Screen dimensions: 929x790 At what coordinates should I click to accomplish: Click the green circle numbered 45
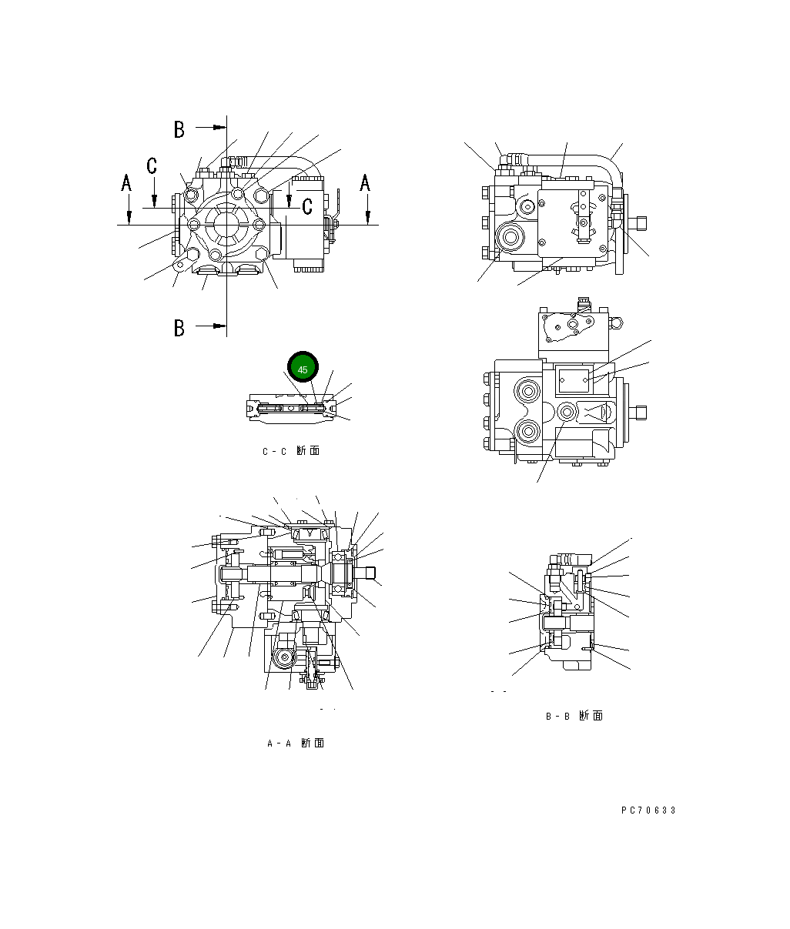pos(303,369)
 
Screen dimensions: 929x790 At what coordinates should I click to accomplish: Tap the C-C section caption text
pos(290,451)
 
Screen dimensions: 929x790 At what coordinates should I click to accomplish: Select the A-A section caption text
pos(295,744)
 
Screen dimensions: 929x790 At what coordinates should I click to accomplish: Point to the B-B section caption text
pos(574,716)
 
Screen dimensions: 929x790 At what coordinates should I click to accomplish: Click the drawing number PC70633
pos(648,810)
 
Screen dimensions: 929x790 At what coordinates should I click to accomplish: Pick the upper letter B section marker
pos(179,129)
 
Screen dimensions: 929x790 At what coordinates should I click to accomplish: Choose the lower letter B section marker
pos(179,328)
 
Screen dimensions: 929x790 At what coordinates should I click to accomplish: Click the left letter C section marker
pos(152,165)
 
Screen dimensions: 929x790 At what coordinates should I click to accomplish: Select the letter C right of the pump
pos(307,206)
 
